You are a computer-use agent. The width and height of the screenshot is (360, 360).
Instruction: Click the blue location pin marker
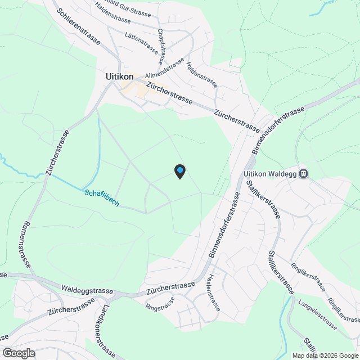pyautogui.click(x=179, y=171)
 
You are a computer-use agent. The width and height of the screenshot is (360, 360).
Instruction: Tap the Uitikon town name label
pyautogui.click(x=119, y=76)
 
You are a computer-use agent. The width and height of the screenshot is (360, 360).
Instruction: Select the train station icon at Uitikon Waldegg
pyautogui.click(x=304, y=174)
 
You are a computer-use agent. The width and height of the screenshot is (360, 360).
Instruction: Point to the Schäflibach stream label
pyautogui.click(x=102, y=197)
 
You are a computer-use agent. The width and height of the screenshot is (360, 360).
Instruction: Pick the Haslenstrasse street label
pyautogui.click(x=213, y=292)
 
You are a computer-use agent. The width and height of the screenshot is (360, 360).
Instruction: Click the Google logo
pyautogui.click(x=18, y=353)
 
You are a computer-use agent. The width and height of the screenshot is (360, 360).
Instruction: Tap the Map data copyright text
pyautogui.click(x=325, y=355)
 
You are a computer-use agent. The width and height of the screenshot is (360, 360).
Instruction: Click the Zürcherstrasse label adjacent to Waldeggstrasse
pyautogui.click(x=170, y=289)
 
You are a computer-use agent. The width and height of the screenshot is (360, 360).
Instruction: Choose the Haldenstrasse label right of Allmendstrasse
pyautogui.click(x=202, y=74)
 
